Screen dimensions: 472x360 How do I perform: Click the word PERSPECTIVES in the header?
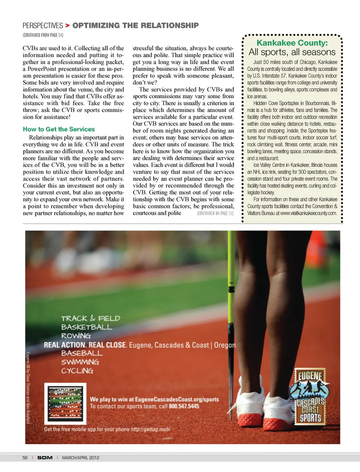pos(43,25)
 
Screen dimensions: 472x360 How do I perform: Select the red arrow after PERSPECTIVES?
pos(67,25)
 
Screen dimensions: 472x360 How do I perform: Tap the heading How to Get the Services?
pos(59,129)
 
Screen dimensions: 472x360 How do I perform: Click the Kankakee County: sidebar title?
pos(292,43)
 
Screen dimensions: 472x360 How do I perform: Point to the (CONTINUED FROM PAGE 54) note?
pos(43,35)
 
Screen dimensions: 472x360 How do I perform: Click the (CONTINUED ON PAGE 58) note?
pos(215,214)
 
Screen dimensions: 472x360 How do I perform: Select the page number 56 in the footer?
pos(25,458)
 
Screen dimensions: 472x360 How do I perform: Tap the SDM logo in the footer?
pos(45,458)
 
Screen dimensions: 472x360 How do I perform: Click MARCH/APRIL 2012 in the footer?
pos(81,458)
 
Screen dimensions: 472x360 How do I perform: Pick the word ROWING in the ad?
pos(76,336)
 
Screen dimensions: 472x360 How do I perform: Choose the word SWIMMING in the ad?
pos(80,362)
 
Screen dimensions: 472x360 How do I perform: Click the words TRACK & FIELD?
pos(91,318)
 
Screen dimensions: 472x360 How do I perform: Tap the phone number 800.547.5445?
pos(184,406)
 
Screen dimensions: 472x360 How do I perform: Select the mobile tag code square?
pos(65,403)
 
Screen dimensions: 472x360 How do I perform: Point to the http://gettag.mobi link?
pos(150,429)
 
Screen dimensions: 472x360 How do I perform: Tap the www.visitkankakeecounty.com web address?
pos(308,213)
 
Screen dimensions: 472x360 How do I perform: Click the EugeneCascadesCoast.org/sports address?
pos(177,399)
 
